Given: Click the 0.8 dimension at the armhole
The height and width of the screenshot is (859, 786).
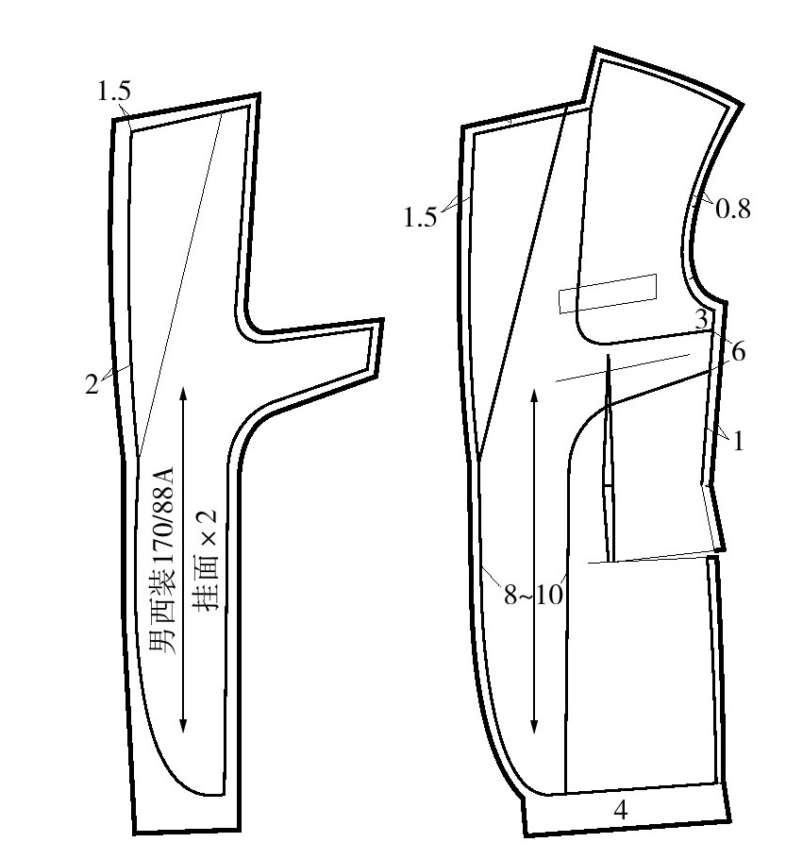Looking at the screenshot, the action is coord(733,209).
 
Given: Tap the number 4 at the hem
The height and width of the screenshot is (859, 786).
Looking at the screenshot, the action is coord(620,809).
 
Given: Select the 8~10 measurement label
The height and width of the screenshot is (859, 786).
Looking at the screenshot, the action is coord(533,595).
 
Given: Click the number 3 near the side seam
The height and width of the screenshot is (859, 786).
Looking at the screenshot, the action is coord(702,319).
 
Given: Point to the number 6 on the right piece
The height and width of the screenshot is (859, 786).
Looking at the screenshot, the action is coord(738,352).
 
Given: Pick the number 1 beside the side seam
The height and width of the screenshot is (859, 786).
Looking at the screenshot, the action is coord(738,441).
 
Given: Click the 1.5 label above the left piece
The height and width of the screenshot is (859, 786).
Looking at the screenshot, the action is coord(114,91).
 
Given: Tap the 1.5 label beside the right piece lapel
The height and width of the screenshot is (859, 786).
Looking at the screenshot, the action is coord(420,217).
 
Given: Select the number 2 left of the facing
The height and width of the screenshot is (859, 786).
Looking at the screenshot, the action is coord(92,384).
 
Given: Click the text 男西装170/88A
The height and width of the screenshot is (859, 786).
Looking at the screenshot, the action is coord(162,560).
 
